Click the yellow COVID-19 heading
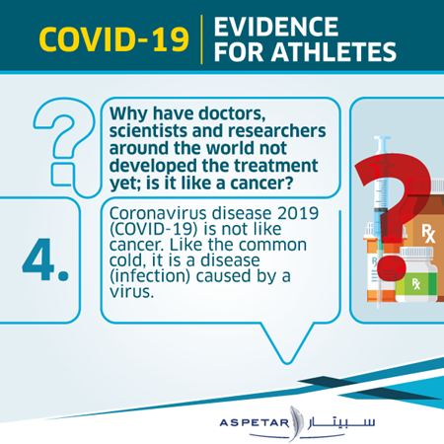(x=113, y=39)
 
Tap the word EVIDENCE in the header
(x=276, y=27)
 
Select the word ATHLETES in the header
(x=333, y=52)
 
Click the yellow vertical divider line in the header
(x=201, y=39)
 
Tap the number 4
(x=45, y=259)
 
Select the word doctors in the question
(x=233, y=113)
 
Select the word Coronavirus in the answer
(x=159, y=213)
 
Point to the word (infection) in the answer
(x=150, y=276)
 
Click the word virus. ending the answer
(x=131, y=292)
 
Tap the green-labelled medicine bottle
(x=416, y=274)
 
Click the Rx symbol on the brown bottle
(x=428, y=233)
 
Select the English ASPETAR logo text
(x=254, y=422)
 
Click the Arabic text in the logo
(x=341, y=422)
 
